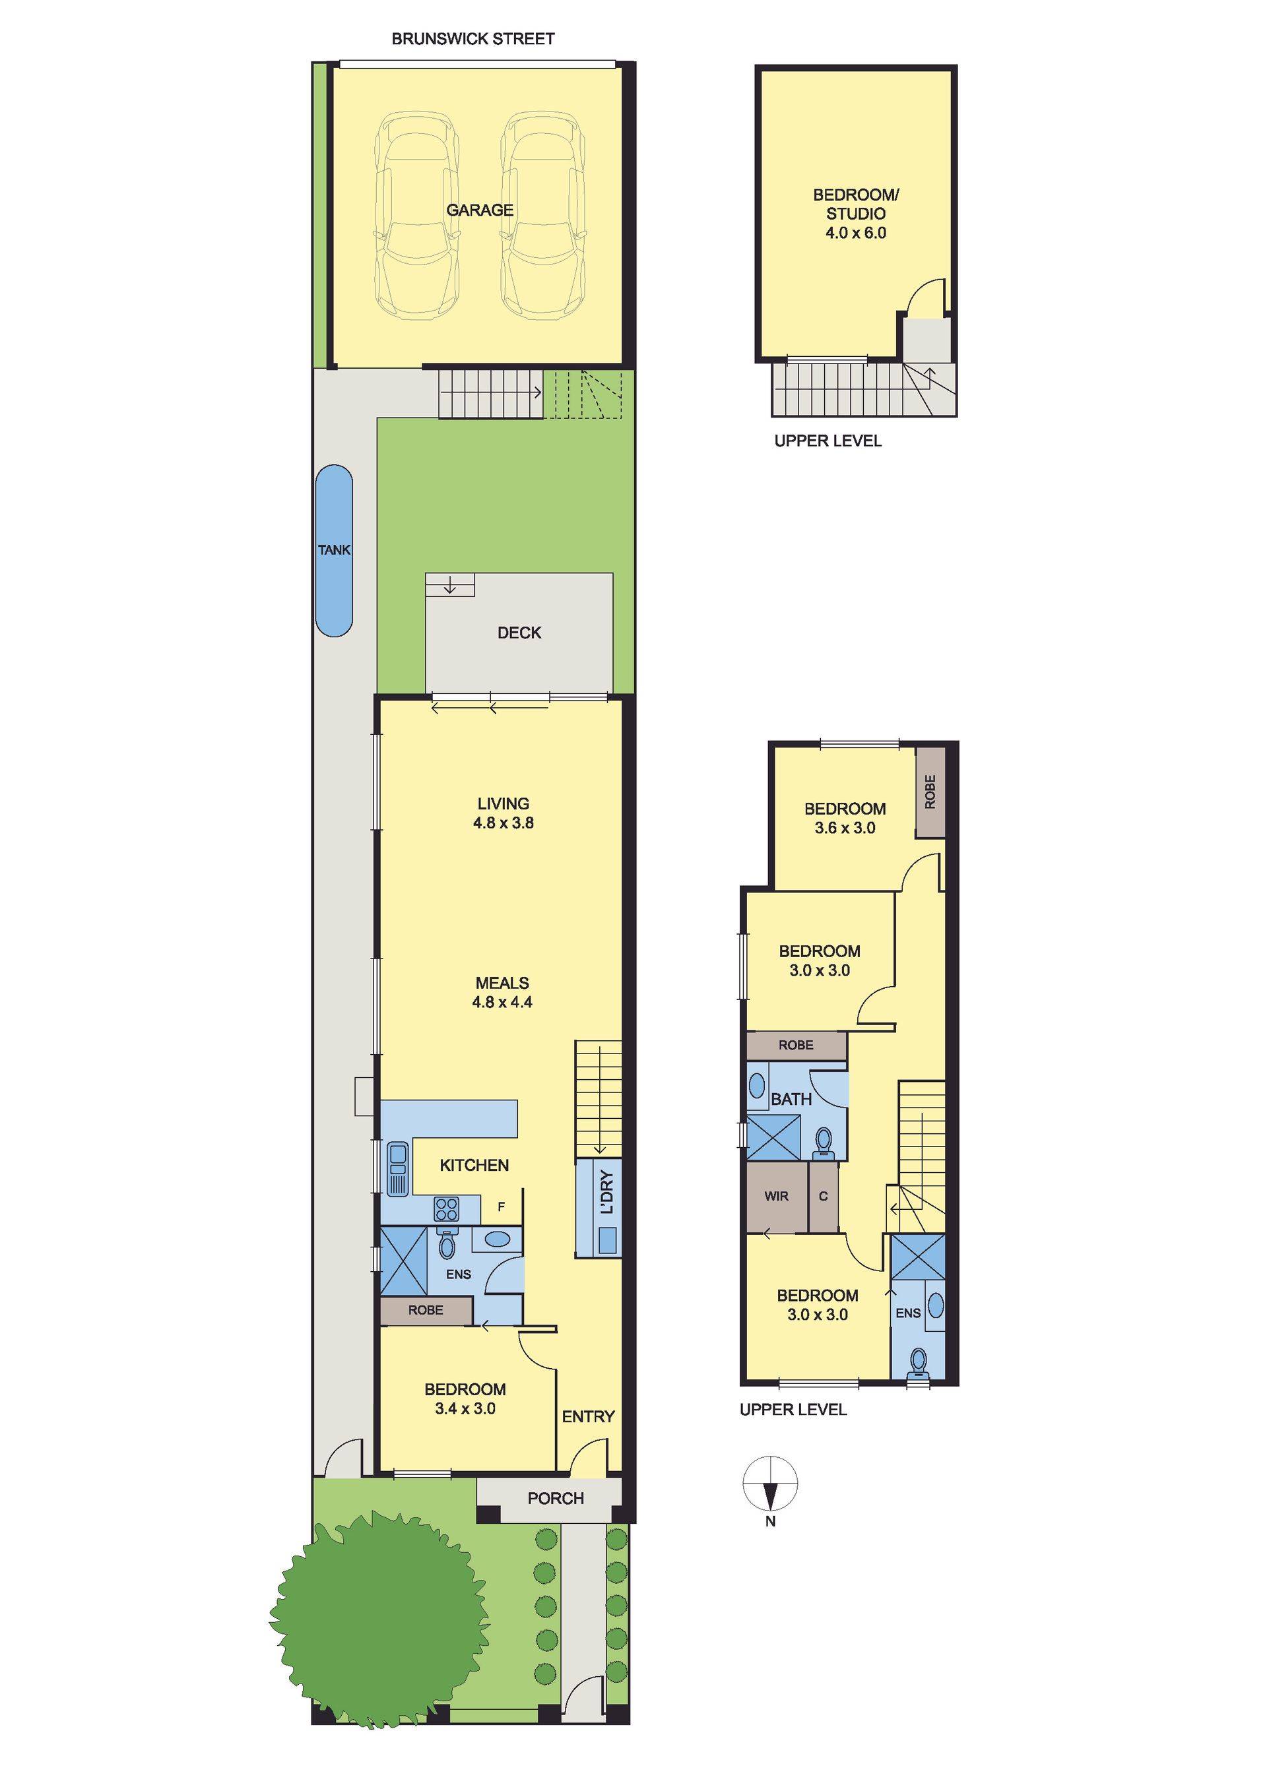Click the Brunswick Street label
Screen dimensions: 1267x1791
click(x=472, y=39)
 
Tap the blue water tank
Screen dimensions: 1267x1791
click(x=334, y=551)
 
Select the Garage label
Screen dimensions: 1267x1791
click(x=480, y=210)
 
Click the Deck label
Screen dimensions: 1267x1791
click(x=519, y=633)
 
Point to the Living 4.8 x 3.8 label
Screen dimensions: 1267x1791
click(x=504, y=813)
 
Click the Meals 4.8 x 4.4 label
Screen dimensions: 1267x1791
click(x=502, y=992)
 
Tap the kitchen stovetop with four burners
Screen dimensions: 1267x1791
click(x=446, y=1209)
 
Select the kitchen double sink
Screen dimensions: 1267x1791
click(x=398, y=1168)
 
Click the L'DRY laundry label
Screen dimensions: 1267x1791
click(x=607, y=1192)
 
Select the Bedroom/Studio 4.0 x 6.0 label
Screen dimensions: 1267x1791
click(x=856, y=214)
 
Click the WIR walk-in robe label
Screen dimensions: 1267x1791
click(x=776, y=1196)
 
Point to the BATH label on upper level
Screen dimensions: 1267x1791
click(x=791, y=1099)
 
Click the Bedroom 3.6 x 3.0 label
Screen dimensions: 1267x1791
click(x=845, y=818)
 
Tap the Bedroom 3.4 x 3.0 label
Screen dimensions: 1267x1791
click(x=465, y=1398)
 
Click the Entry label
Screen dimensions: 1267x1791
click(x=588, y=1416)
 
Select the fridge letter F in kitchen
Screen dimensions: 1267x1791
click(x=501, y=1207)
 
